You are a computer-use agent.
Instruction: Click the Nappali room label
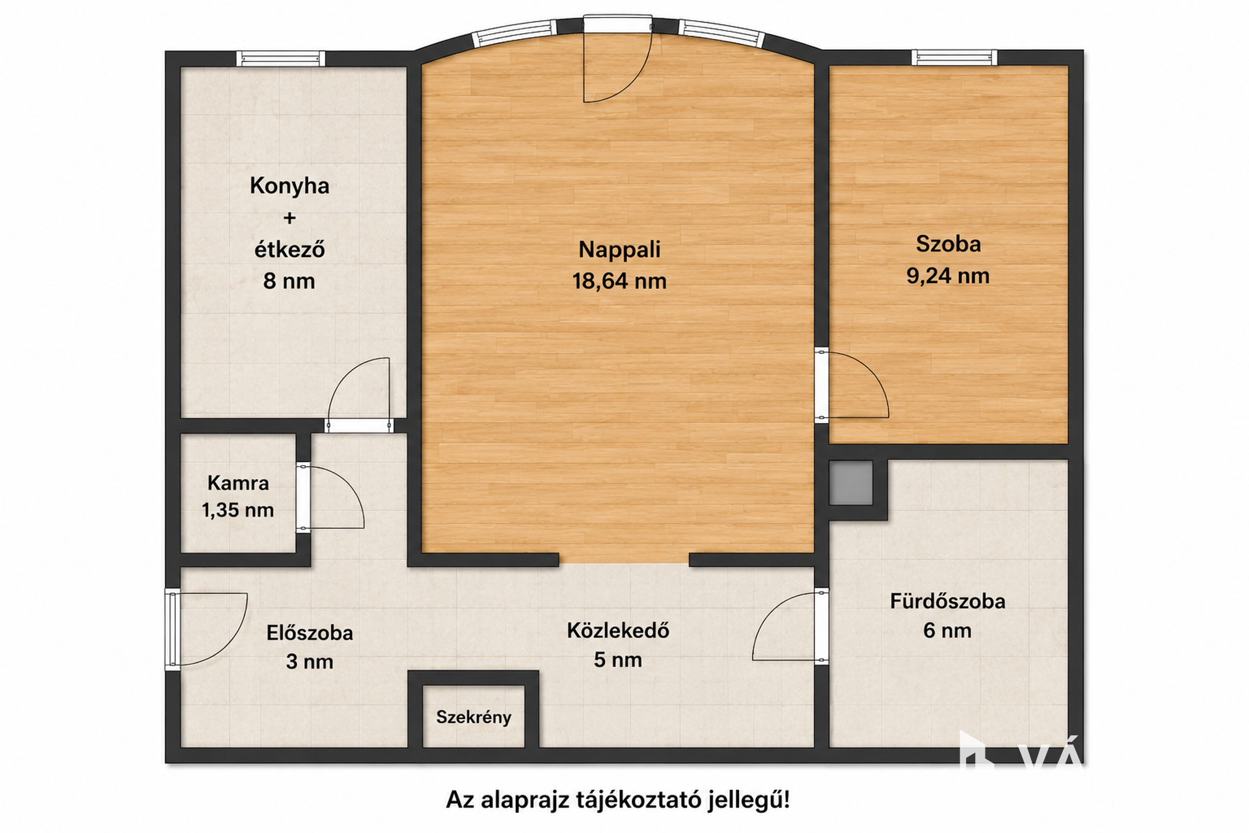point(619,249)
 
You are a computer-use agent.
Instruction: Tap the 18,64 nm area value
point(619,281)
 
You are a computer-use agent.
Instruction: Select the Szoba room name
point(948,244)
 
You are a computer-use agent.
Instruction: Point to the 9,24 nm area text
point(948,276)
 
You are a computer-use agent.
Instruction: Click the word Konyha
point(289,186)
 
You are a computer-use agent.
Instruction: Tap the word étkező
point(289,249)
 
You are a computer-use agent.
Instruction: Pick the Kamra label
point(238,483)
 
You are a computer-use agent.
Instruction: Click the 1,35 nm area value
point(238,510)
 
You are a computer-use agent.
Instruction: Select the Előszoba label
point(310,633)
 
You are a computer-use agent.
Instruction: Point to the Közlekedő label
point(618,631)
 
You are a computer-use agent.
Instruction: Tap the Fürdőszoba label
point(948,601)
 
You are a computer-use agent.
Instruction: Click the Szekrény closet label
point(474,717)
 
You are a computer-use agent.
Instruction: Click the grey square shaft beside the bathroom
point(851,482)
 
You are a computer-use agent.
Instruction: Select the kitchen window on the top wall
point(280,59)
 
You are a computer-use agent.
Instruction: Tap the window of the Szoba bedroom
point(954,58)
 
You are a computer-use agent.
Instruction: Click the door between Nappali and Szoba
point(852,385)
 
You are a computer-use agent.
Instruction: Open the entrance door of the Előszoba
point(206,629)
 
